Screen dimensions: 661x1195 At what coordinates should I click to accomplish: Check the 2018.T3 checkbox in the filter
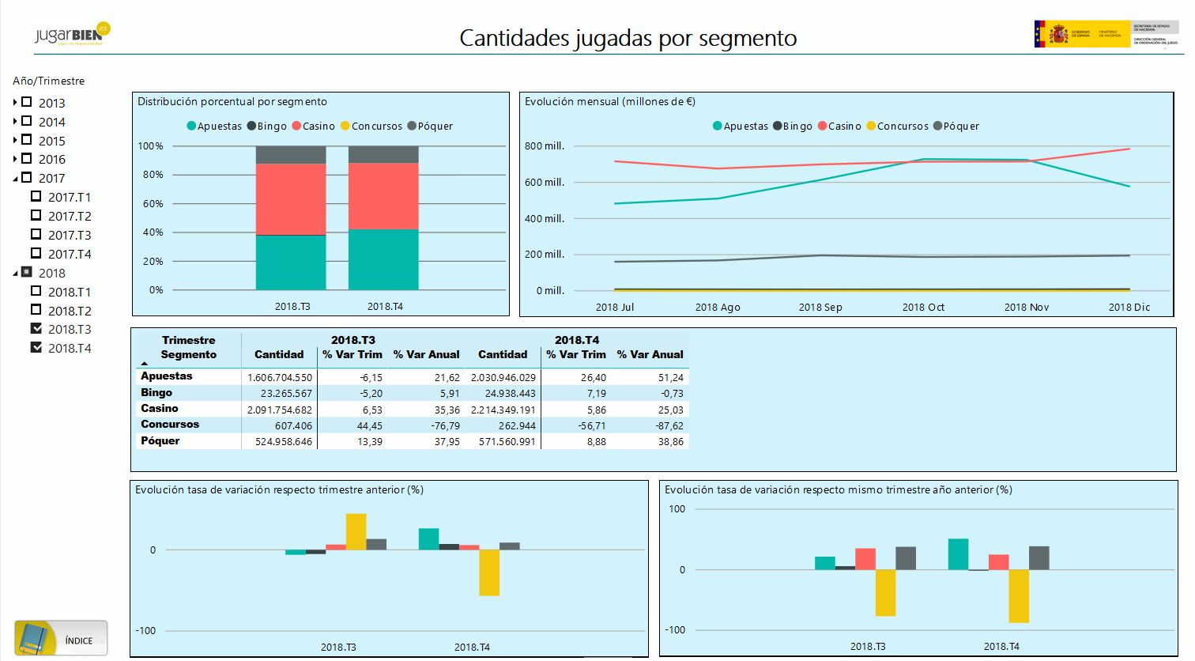pyautogui.click(x=36, y=328)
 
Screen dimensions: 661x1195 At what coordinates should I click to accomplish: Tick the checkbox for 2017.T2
pyautogui.click(x=36, y=215)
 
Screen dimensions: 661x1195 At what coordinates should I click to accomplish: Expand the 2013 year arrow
pyautogui.click(x=15, y=102)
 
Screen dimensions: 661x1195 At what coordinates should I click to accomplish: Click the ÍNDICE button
pyautogui.click(x=61, y=639)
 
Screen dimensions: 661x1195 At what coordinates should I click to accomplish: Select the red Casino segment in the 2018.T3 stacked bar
pyautogui.click(x=291, y=199)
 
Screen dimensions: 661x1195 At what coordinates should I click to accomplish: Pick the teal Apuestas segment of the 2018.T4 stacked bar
pyautogui.click(x=383, y=259)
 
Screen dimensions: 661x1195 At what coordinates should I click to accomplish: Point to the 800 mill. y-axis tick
pyautogui.click(x=545, y=146)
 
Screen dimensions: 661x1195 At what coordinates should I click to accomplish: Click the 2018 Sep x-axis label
pyautogui.click(x=820, y=308)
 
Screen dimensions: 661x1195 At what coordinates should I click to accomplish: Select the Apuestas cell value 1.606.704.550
pyautogui.click(x=280, y=378)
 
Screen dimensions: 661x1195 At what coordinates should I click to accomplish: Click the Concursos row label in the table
pyautogui.click(x=170, y=425)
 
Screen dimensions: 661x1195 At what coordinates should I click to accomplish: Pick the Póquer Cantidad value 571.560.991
pyautogui.click(x=507, y=442)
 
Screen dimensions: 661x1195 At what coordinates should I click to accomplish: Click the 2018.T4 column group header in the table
pyautogui.click(x=577, y=340)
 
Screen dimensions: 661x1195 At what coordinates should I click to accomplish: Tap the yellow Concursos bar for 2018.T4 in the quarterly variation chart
pyautogui.click(x=489, y=572)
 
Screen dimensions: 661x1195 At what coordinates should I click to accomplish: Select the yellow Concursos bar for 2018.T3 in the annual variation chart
pyautogui.click(x=885, y=593)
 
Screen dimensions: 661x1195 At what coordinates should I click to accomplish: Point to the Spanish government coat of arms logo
pyautogui.click(x=1058, y=34)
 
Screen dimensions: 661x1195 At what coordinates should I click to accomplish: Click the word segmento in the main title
pyautogui.click(x=748, y=39)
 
